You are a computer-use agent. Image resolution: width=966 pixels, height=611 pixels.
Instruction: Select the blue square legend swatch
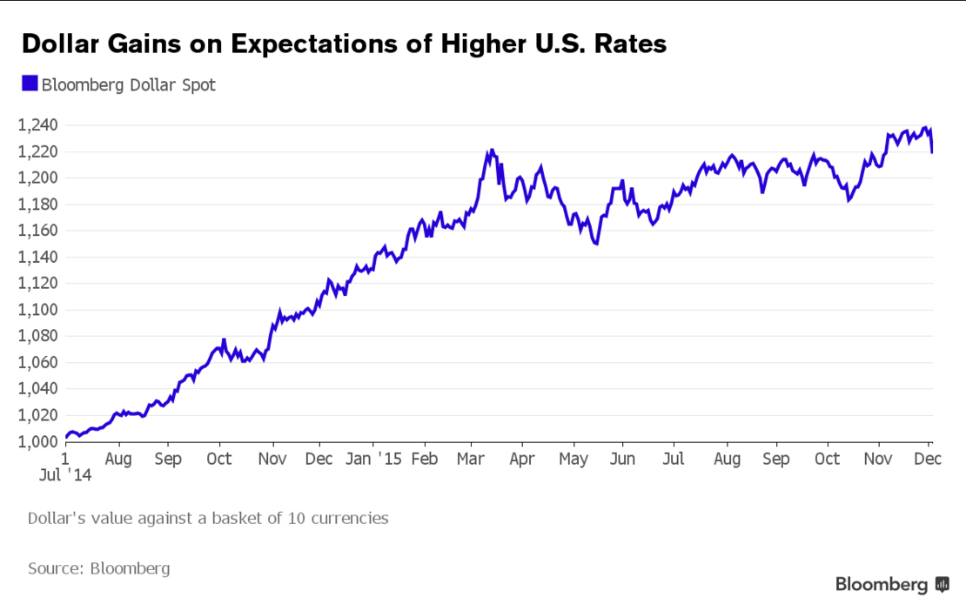coord(30,84)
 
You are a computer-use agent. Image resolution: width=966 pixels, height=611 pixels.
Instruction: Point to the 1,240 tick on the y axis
coord(37,125)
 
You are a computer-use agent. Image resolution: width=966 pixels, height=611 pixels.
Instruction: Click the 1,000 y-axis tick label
coord(37,442)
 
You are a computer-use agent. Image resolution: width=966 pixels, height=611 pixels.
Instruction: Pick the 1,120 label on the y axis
coord(37,284)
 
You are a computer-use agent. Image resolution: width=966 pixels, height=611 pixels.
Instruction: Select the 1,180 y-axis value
coord(37,205)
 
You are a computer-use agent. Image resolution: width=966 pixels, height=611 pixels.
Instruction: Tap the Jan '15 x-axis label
coord(375,458)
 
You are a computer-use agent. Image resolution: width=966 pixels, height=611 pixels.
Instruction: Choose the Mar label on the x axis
coord(471,458)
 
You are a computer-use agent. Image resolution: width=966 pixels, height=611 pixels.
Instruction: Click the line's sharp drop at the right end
coord(932,144)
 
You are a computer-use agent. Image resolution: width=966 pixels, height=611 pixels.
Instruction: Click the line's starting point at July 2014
coord(67,438)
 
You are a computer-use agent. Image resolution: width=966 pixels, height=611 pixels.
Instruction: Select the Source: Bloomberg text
coord(98,568)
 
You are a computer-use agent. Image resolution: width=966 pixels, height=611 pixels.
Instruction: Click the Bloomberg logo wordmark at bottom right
coord(882,585)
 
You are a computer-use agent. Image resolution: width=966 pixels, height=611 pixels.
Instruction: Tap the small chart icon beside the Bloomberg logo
coord(942,585)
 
